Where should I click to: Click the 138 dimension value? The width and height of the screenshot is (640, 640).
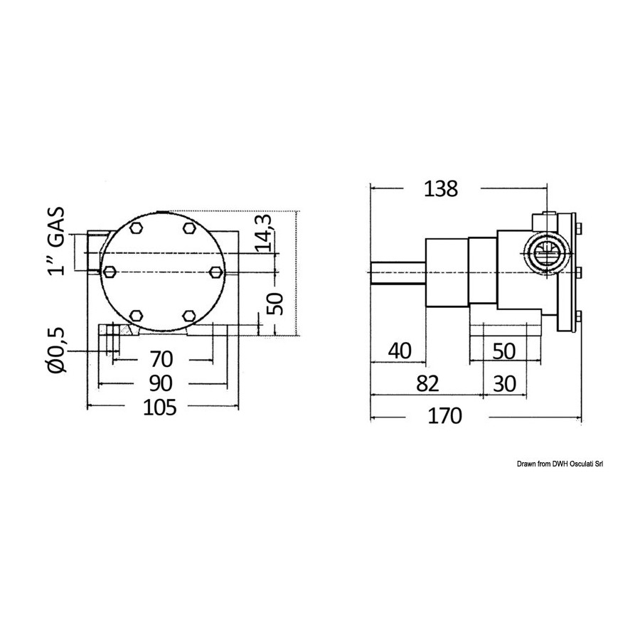click(441, 189)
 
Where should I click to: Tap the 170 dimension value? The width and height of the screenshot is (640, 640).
click(444, 416)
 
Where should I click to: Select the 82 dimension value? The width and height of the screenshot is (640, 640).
click(427, 384)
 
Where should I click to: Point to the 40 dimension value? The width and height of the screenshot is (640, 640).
click(400, 351)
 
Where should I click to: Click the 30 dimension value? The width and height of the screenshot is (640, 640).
click(504, 384)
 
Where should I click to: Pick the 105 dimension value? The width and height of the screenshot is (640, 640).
click(159, 407)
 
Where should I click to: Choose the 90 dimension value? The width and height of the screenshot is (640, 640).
click(161, 383)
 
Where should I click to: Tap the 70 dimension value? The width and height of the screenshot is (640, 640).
click(161, 360)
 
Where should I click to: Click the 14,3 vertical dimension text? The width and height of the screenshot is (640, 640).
click(264, 233)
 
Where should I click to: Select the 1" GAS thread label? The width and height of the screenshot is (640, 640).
click(56, 241)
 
